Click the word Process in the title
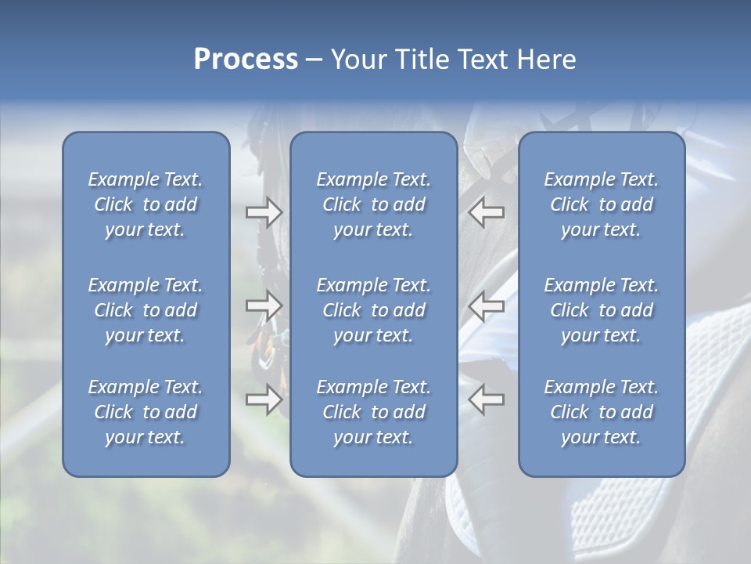246,60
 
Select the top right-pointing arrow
264,212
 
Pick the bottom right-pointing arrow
264,399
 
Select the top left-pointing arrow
486,212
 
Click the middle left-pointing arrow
486,305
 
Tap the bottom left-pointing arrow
486,399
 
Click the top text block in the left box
146,204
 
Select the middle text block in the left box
146,310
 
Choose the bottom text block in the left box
146,412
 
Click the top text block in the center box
373,204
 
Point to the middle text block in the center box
373,310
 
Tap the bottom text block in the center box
373,412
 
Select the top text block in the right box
601,204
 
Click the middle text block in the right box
601,310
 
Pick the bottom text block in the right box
601,412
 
